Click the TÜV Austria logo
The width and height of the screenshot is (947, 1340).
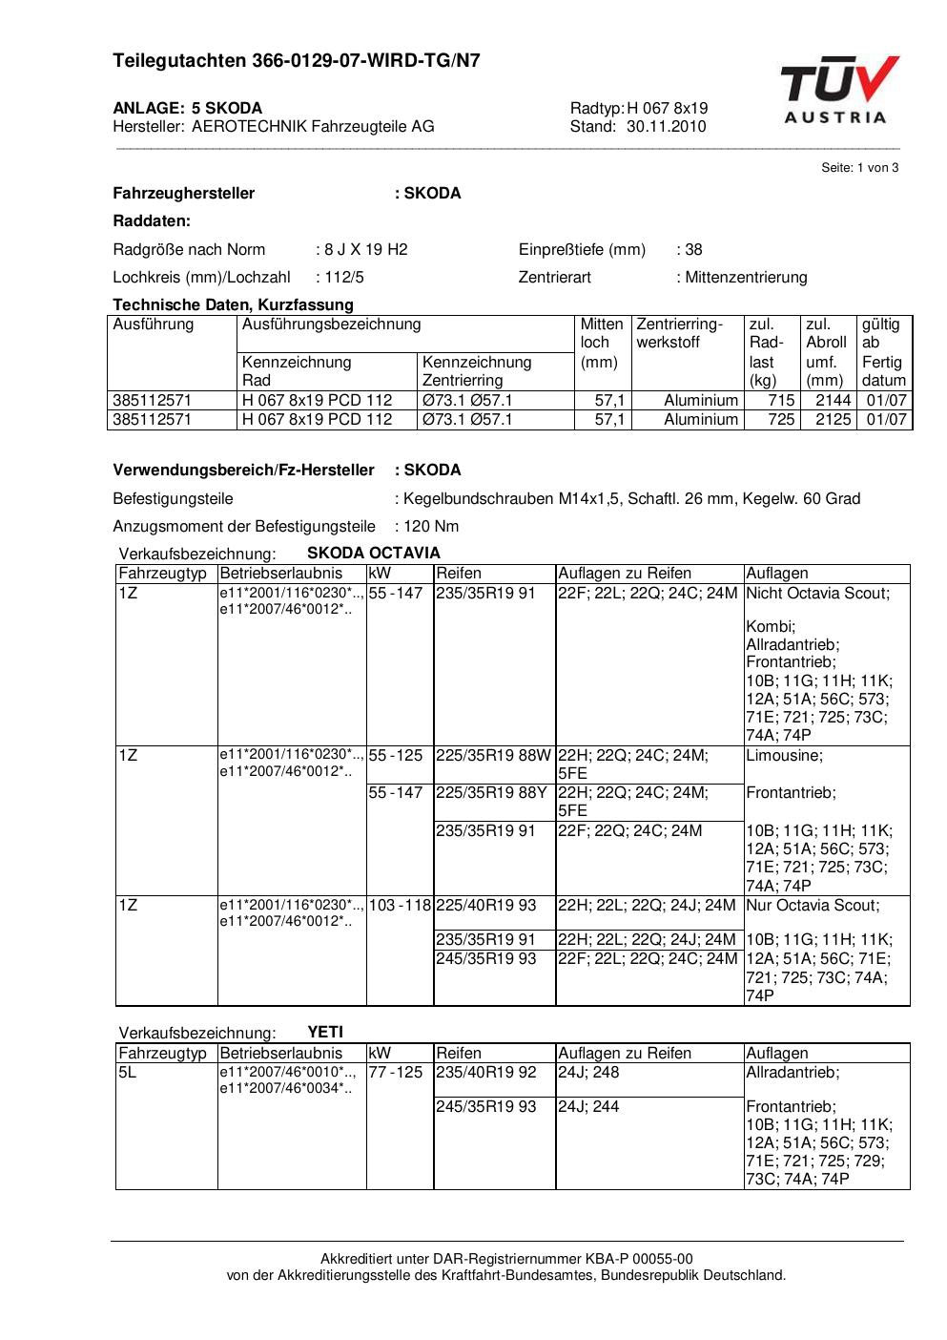pos(838,90)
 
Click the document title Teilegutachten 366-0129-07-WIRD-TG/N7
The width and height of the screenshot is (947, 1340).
pos(297,61)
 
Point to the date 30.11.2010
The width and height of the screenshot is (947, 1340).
pos(666,126)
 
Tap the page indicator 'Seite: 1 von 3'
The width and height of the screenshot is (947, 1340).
pos(859,168)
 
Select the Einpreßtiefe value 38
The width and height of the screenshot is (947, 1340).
pos(693,250)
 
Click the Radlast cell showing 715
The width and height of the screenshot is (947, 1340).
pos(782,401)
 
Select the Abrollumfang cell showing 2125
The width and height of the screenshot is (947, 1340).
pos(833,420)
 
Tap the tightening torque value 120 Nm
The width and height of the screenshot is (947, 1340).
pos(430,526)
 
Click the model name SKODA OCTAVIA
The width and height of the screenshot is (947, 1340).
pos(374,554)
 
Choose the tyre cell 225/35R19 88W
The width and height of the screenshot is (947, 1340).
pos(492,756)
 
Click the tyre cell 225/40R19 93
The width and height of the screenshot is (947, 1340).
pos(486,905)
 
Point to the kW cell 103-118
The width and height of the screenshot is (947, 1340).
pos(400,905)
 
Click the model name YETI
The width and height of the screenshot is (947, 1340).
pos(325,1032)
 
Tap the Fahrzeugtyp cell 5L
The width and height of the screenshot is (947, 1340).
pos(128,1073)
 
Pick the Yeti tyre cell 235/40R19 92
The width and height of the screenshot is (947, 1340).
pos(486,1073)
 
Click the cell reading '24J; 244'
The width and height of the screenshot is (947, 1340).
pos(588,1107)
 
